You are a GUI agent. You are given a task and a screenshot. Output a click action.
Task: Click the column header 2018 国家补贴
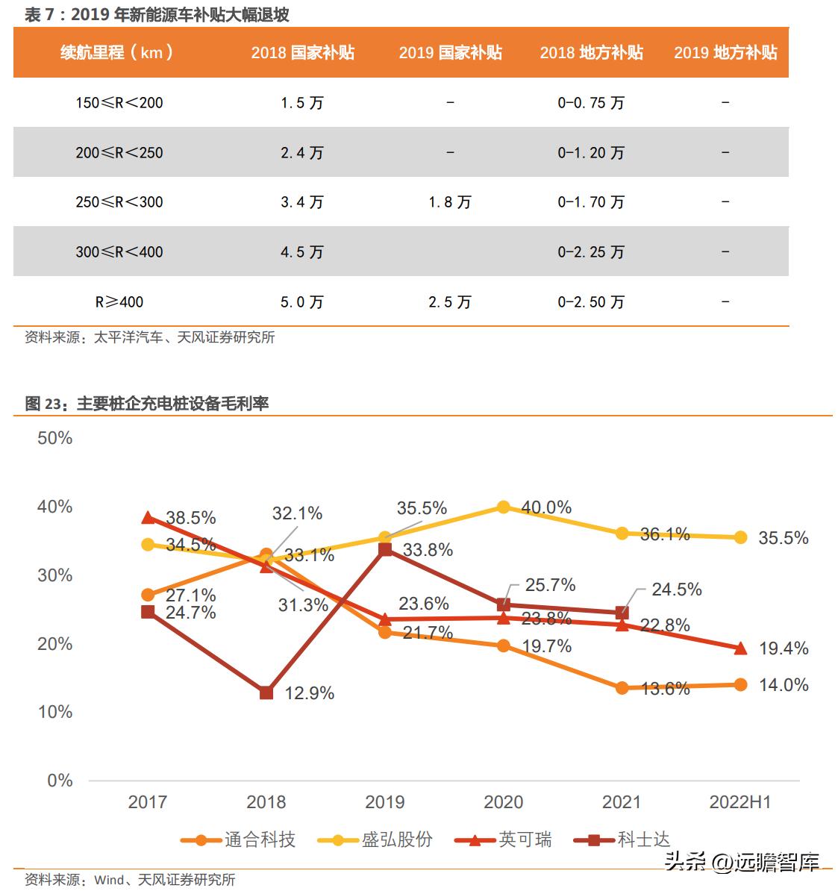[302, 52]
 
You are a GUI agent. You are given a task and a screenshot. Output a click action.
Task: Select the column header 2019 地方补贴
[725, 52]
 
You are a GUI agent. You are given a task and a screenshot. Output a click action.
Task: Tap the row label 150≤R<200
[119, 102]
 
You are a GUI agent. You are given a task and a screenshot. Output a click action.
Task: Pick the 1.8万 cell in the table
[449, 202]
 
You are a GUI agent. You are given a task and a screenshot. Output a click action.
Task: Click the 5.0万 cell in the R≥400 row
[301, 302]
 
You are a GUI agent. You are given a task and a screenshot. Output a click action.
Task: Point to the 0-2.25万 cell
[590, 252]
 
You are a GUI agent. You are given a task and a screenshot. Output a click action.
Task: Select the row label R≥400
[119, 302]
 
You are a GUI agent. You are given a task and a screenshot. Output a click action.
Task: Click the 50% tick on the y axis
[54, 438]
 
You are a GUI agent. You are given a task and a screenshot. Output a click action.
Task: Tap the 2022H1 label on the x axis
[739, 802]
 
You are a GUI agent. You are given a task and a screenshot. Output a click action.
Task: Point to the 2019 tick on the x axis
[384, 802]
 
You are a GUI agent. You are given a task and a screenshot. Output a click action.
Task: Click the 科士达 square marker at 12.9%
[266, 693]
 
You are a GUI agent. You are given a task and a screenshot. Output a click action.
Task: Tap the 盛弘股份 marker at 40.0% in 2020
[503, 507]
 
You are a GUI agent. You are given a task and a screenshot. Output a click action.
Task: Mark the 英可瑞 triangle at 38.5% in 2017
[148, 517]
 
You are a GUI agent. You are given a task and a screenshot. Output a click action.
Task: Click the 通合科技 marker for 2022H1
[740, 684]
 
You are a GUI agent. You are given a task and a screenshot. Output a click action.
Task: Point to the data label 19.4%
[784, 648]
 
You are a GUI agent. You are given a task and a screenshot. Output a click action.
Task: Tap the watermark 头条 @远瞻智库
[742, 863]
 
